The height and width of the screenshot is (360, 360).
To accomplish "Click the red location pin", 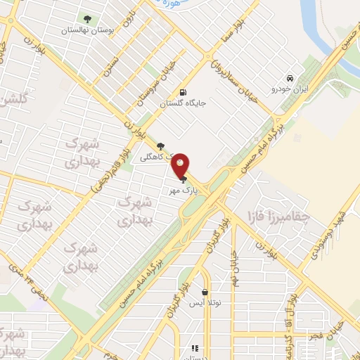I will click(181, 165).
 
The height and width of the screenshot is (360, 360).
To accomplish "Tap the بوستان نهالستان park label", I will click(86, 30).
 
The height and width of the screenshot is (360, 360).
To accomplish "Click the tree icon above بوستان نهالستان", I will click(87, 19).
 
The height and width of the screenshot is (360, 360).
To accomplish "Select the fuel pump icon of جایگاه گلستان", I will click(183, 92).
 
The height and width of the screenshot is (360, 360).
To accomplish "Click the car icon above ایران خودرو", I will click(290, 78).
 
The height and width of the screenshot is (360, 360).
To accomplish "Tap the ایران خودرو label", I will click(290, 89).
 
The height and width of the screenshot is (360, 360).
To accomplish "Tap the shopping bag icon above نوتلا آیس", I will click(205, 292).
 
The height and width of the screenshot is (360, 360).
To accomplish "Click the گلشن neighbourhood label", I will click(13, 99).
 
